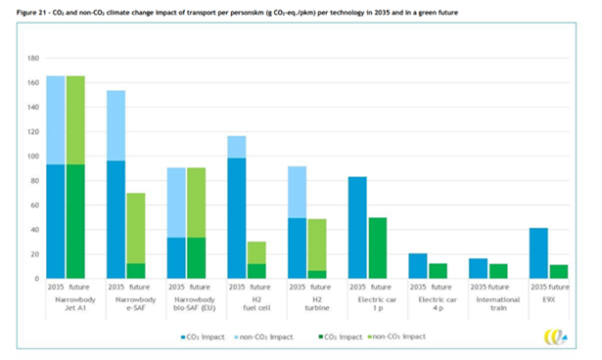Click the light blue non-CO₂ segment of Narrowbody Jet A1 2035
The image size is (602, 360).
click(56, 120)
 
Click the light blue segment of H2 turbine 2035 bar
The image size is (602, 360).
click(297, 193)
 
